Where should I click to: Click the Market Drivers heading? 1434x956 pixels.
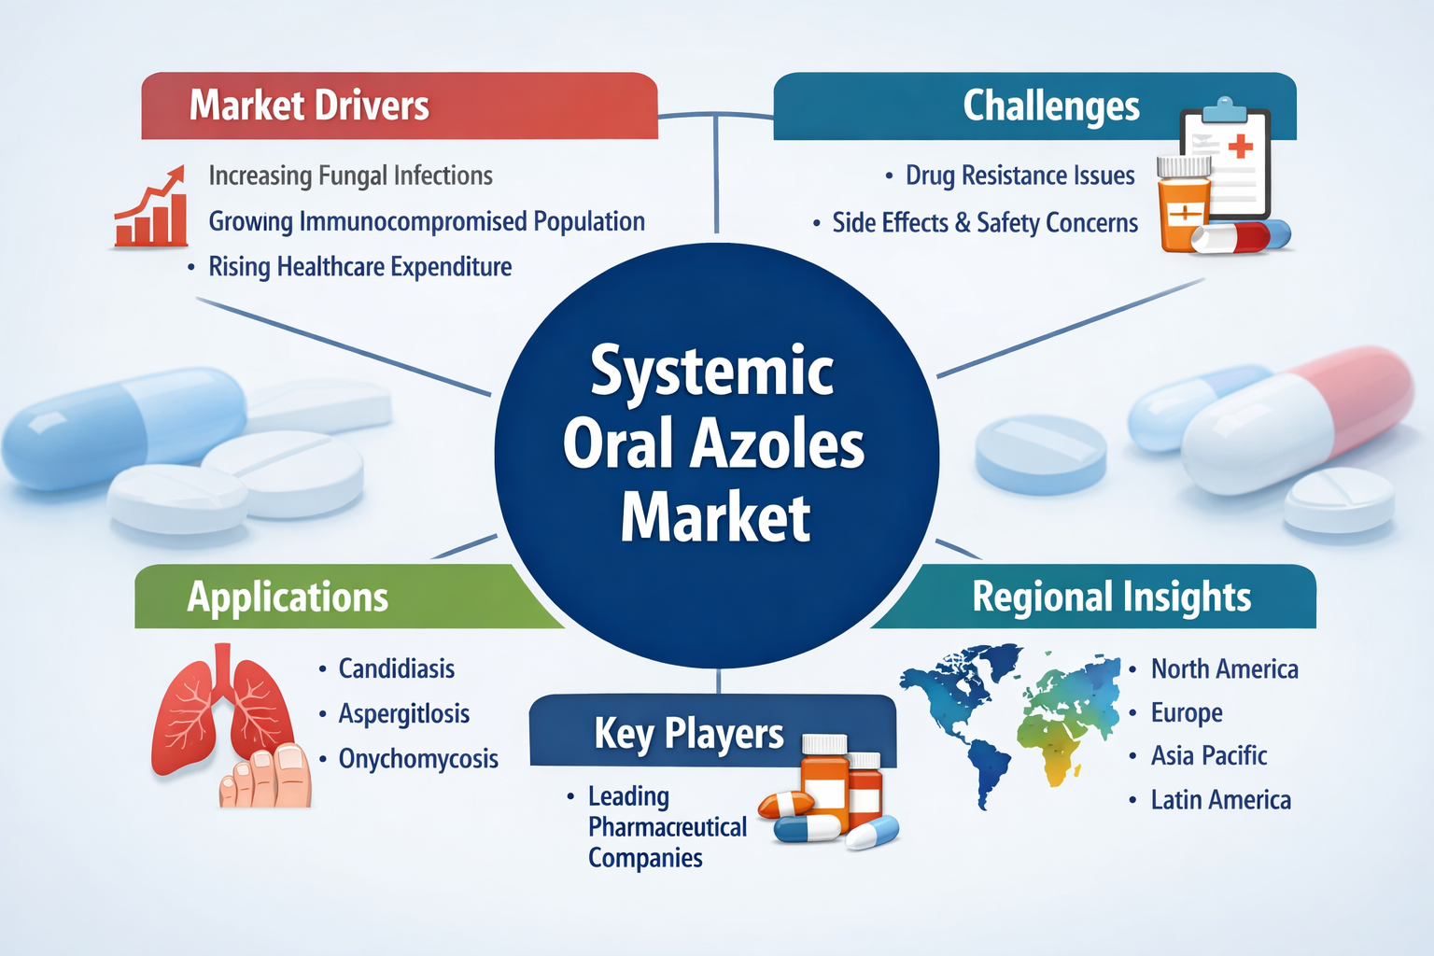pos(309,105)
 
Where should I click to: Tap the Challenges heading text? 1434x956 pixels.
pos(1050,106)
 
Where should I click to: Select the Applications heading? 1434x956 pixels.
pos(288,597)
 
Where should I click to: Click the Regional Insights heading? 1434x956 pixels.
pos(1111,597)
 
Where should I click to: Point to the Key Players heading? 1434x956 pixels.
pos(688,734)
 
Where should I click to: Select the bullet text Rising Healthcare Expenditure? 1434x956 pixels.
pos(359,267)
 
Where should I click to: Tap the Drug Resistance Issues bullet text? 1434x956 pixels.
pos(1019,176)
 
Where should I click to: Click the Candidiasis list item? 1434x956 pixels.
pos(396,668)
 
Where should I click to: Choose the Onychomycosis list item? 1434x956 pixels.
pos(417,759)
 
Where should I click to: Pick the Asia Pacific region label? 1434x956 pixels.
pos(1208,755)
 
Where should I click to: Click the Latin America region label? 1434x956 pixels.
pos(1220,800)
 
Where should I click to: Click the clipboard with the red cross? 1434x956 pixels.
pos(1226,159)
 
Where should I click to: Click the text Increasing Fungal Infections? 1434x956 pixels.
pos(350,176)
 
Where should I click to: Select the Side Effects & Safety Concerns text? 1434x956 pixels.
pos(985,223)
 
